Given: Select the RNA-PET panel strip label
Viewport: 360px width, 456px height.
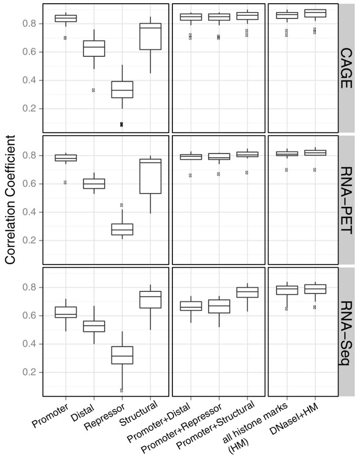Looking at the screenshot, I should (346, 200).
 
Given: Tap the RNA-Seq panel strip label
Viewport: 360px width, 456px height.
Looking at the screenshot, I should (346, 332).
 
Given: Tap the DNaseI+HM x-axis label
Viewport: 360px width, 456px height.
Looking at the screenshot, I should (307, 416).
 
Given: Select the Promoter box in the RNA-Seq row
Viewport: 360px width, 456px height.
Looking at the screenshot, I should (66, 312).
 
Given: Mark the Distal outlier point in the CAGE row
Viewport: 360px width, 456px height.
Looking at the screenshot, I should (94, 90).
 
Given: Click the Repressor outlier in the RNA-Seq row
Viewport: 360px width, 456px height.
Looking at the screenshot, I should (121, 390).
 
